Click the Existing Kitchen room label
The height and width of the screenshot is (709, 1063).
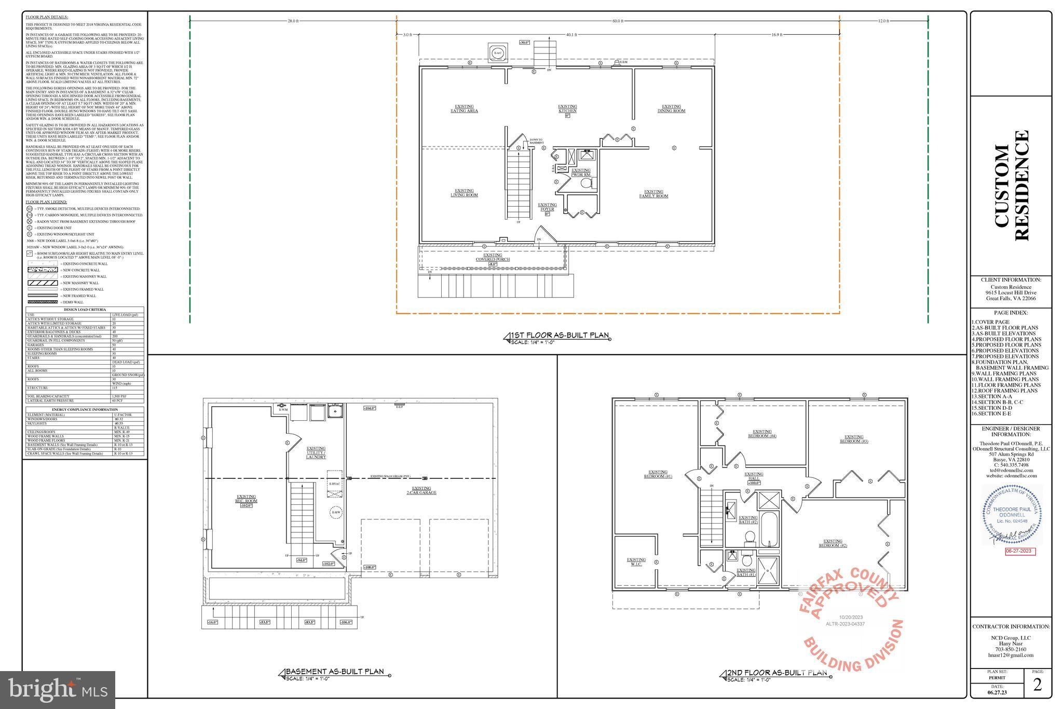point(567,109)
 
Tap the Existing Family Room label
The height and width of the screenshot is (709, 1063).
point(653,194)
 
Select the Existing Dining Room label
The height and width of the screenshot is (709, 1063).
point(671,109)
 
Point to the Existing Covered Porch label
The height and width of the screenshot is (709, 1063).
point(493,258)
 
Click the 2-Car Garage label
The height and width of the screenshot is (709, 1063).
point(421,490)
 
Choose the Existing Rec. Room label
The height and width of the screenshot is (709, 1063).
point(247,499)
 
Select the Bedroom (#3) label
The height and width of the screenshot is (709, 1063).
point(854,439)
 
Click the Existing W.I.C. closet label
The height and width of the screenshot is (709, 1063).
point(636,561)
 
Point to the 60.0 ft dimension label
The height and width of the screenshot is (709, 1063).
point(618,21)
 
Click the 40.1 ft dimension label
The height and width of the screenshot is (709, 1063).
point(571,35)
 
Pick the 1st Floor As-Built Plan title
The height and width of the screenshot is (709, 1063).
point(560,336)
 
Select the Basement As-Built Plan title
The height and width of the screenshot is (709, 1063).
point(335,672)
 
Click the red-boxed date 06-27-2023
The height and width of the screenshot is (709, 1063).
point(1020,551)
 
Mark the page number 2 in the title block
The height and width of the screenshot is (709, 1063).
point(1037,685)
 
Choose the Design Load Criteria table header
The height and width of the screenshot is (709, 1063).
point(85,310)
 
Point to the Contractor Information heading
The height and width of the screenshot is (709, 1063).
point(1011,626)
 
